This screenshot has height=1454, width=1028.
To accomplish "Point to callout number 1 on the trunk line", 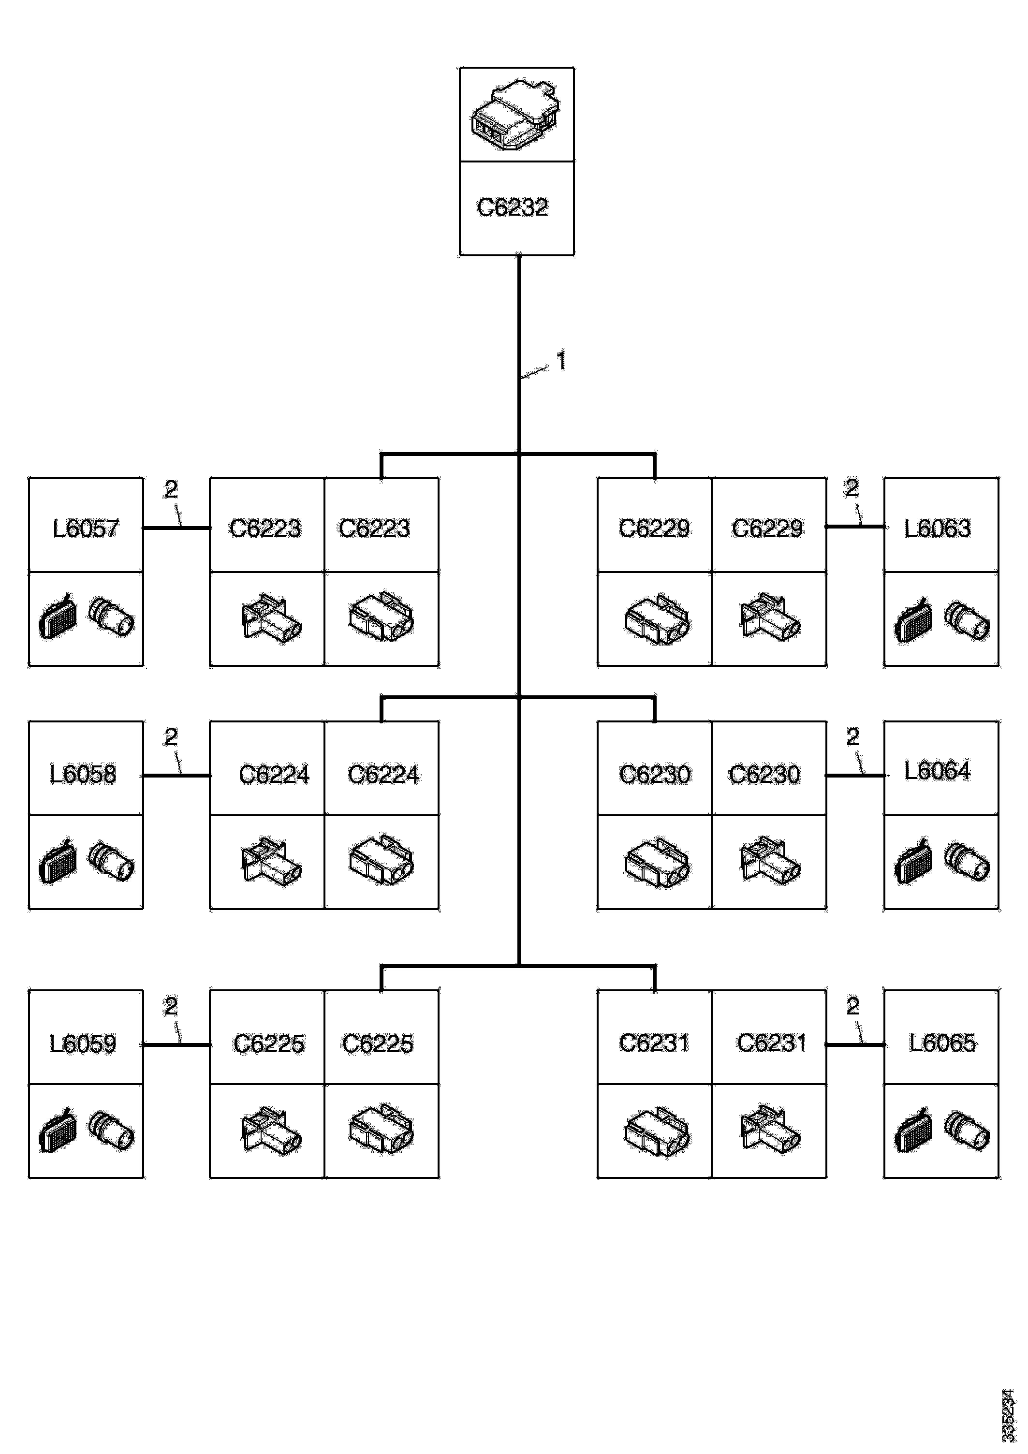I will coord(560,362).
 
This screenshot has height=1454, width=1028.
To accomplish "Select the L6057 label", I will coord(86,528).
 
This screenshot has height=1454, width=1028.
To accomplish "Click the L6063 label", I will coord(938,528).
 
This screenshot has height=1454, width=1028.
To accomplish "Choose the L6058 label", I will coord(83,774).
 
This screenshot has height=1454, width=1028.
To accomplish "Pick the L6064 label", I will coord(938,771).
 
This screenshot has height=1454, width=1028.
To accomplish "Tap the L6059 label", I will coord(83,1043).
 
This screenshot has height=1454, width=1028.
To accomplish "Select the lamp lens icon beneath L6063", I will coord(913,621).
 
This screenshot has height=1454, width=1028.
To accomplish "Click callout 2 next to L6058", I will coord(170,736).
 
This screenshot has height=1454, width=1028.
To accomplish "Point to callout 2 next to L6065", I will coord(852,1006).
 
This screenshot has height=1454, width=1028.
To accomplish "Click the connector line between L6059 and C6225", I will coord(176,1044).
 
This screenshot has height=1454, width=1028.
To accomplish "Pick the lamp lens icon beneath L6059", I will coord(58,1132).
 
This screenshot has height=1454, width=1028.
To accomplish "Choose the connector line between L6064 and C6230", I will coord(855,775).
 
